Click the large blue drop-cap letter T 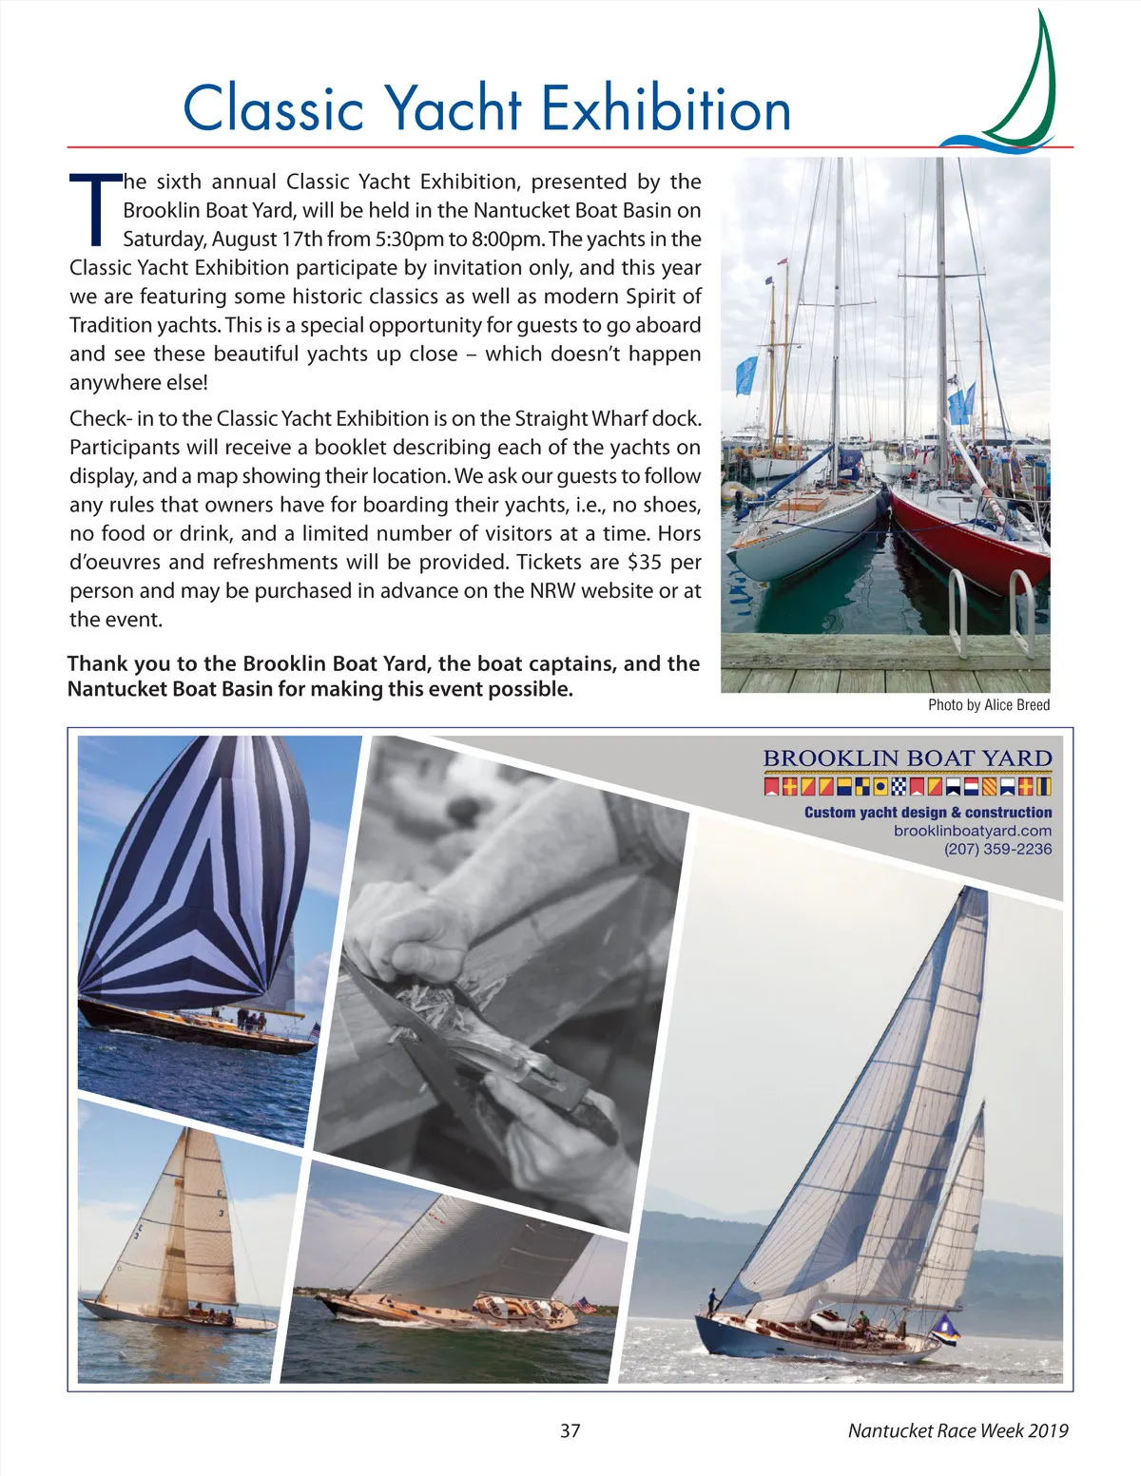click(93, 207)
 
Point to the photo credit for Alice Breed click(989, 704)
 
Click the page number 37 click(570, 1430)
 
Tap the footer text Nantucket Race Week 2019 click(957, 1430)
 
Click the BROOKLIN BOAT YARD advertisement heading click(907, 758)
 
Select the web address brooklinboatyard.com click(973, 831)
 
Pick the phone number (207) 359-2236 click(997, 849)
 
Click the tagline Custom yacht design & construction click(928, 813)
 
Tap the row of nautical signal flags click(907, 787)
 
